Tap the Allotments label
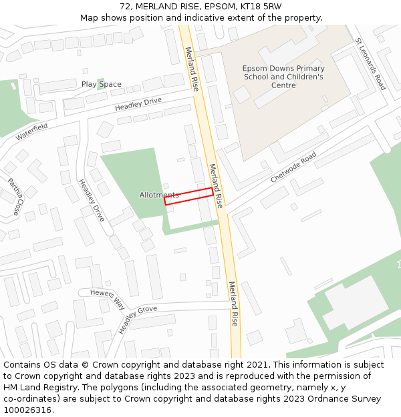point(158,195)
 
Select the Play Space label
point(102,84)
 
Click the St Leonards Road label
point(370,64)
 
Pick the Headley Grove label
point(138,320)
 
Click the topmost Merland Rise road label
point(192,69)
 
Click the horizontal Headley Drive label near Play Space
point(138,104)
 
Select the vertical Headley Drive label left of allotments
point(91,200)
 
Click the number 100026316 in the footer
point(27,410)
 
